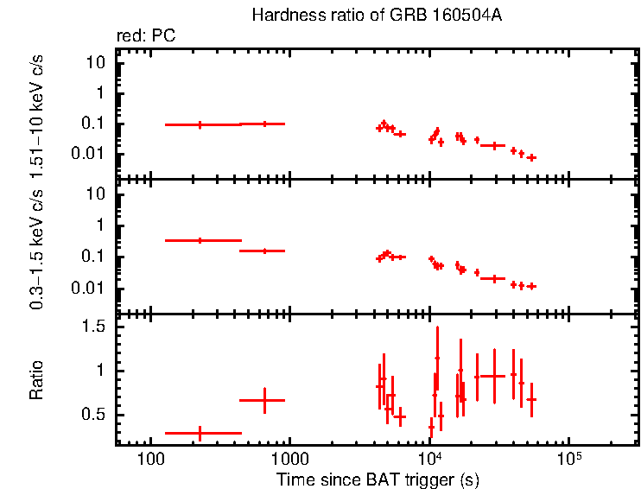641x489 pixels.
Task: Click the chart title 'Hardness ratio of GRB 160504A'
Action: pos(376,16)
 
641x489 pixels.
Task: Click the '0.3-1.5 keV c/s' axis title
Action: pos(36,248)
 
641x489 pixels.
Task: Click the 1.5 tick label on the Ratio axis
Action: pos(96,327)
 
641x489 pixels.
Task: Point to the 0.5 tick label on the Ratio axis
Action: pos(96,416)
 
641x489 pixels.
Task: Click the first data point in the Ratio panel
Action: pos(200,433)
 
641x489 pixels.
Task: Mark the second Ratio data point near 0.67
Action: pos(265,400)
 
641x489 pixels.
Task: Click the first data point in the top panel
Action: pos(200,124)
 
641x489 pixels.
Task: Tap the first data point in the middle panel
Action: pos(200,240)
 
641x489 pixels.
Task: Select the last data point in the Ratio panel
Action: pos(532,400)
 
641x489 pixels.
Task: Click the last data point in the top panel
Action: pos(532,157)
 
